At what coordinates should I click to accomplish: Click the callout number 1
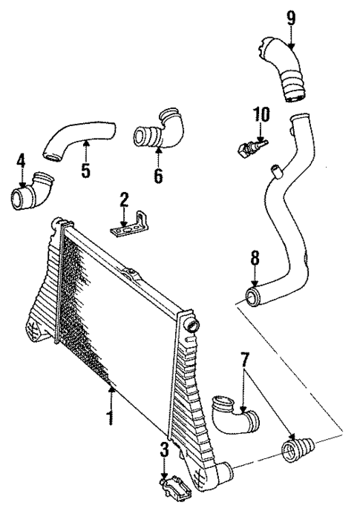click(110, 418)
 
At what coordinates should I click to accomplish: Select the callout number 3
click(164, 449)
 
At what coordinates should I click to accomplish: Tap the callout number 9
click(291, 17)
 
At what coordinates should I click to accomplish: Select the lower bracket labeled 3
click(173, 488)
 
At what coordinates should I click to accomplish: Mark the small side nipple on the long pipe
click(276, 173)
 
